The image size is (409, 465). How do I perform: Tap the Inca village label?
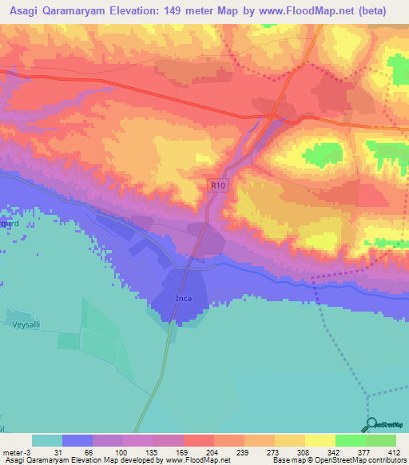pos(184,299)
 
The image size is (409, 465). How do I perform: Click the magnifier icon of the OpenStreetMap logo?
pos(368,424)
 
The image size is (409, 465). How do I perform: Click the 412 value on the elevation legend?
pos(394,451)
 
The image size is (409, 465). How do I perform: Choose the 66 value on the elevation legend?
pos(89,451)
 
